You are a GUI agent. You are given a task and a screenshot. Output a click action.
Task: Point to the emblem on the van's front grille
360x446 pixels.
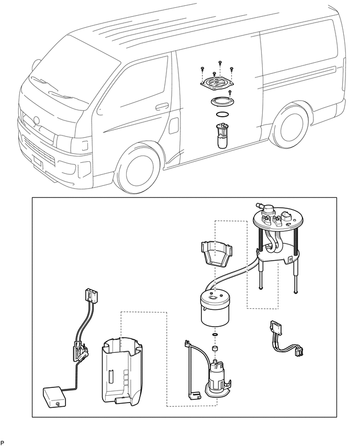pyautogui.click(x=36, y=120)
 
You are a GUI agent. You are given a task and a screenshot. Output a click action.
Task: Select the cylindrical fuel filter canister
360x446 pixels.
pyautogui.click(x=215, y=309)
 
